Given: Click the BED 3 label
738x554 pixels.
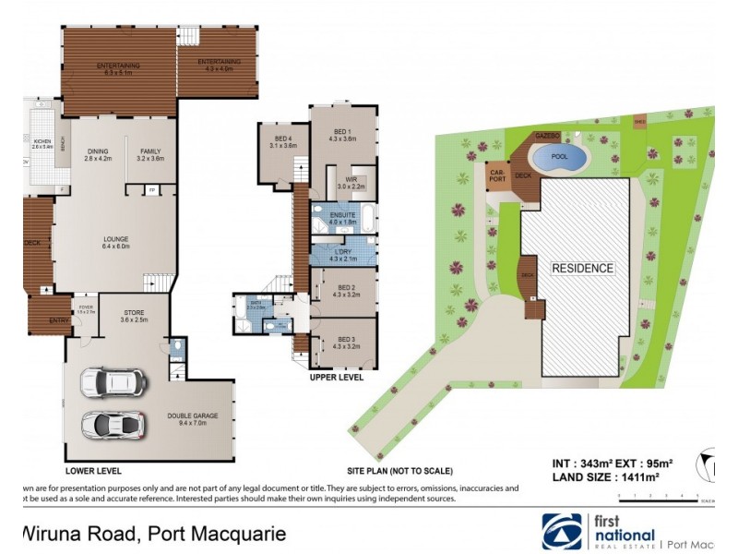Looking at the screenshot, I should click(x=347, y=343).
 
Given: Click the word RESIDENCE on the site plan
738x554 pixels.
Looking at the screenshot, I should click(x=582, y=269).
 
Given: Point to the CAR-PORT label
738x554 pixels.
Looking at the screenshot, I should click(x=496, y=175).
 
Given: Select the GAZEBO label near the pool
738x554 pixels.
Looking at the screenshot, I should click(x=547, y=136).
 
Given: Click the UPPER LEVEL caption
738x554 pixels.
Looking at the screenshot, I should click(x=338, y=377).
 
